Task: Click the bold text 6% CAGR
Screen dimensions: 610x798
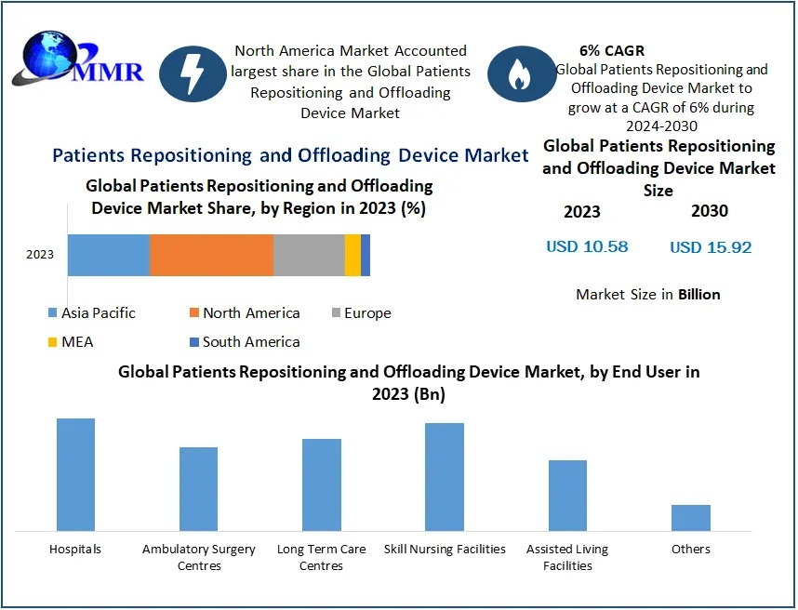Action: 611,50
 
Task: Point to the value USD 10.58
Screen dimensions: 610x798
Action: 587,246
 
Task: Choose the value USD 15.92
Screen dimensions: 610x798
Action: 711,247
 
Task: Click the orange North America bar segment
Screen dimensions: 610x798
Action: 211,255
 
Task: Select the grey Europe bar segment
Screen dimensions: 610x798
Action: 309,255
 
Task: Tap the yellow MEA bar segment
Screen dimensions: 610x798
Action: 352,255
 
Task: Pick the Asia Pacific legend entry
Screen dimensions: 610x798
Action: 90,313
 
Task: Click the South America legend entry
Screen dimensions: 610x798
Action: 244,341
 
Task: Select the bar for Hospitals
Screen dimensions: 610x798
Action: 75,474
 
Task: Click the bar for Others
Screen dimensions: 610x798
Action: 691,517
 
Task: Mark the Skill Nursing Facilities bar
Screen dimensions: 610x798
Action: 445,476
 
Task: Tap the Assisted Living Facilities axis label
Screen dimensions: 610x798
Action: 567,557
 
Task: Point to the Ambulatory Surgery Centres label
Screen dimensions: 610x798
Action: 198,557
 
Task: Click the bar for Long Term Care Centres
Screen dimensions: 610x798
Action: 322,484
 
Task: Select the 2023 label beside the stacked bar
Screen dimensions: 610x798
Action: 40,255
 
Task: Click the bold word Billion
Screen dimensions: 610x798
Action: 698,294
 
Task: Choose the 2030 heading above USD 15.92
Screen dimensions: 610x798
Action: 710,211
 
